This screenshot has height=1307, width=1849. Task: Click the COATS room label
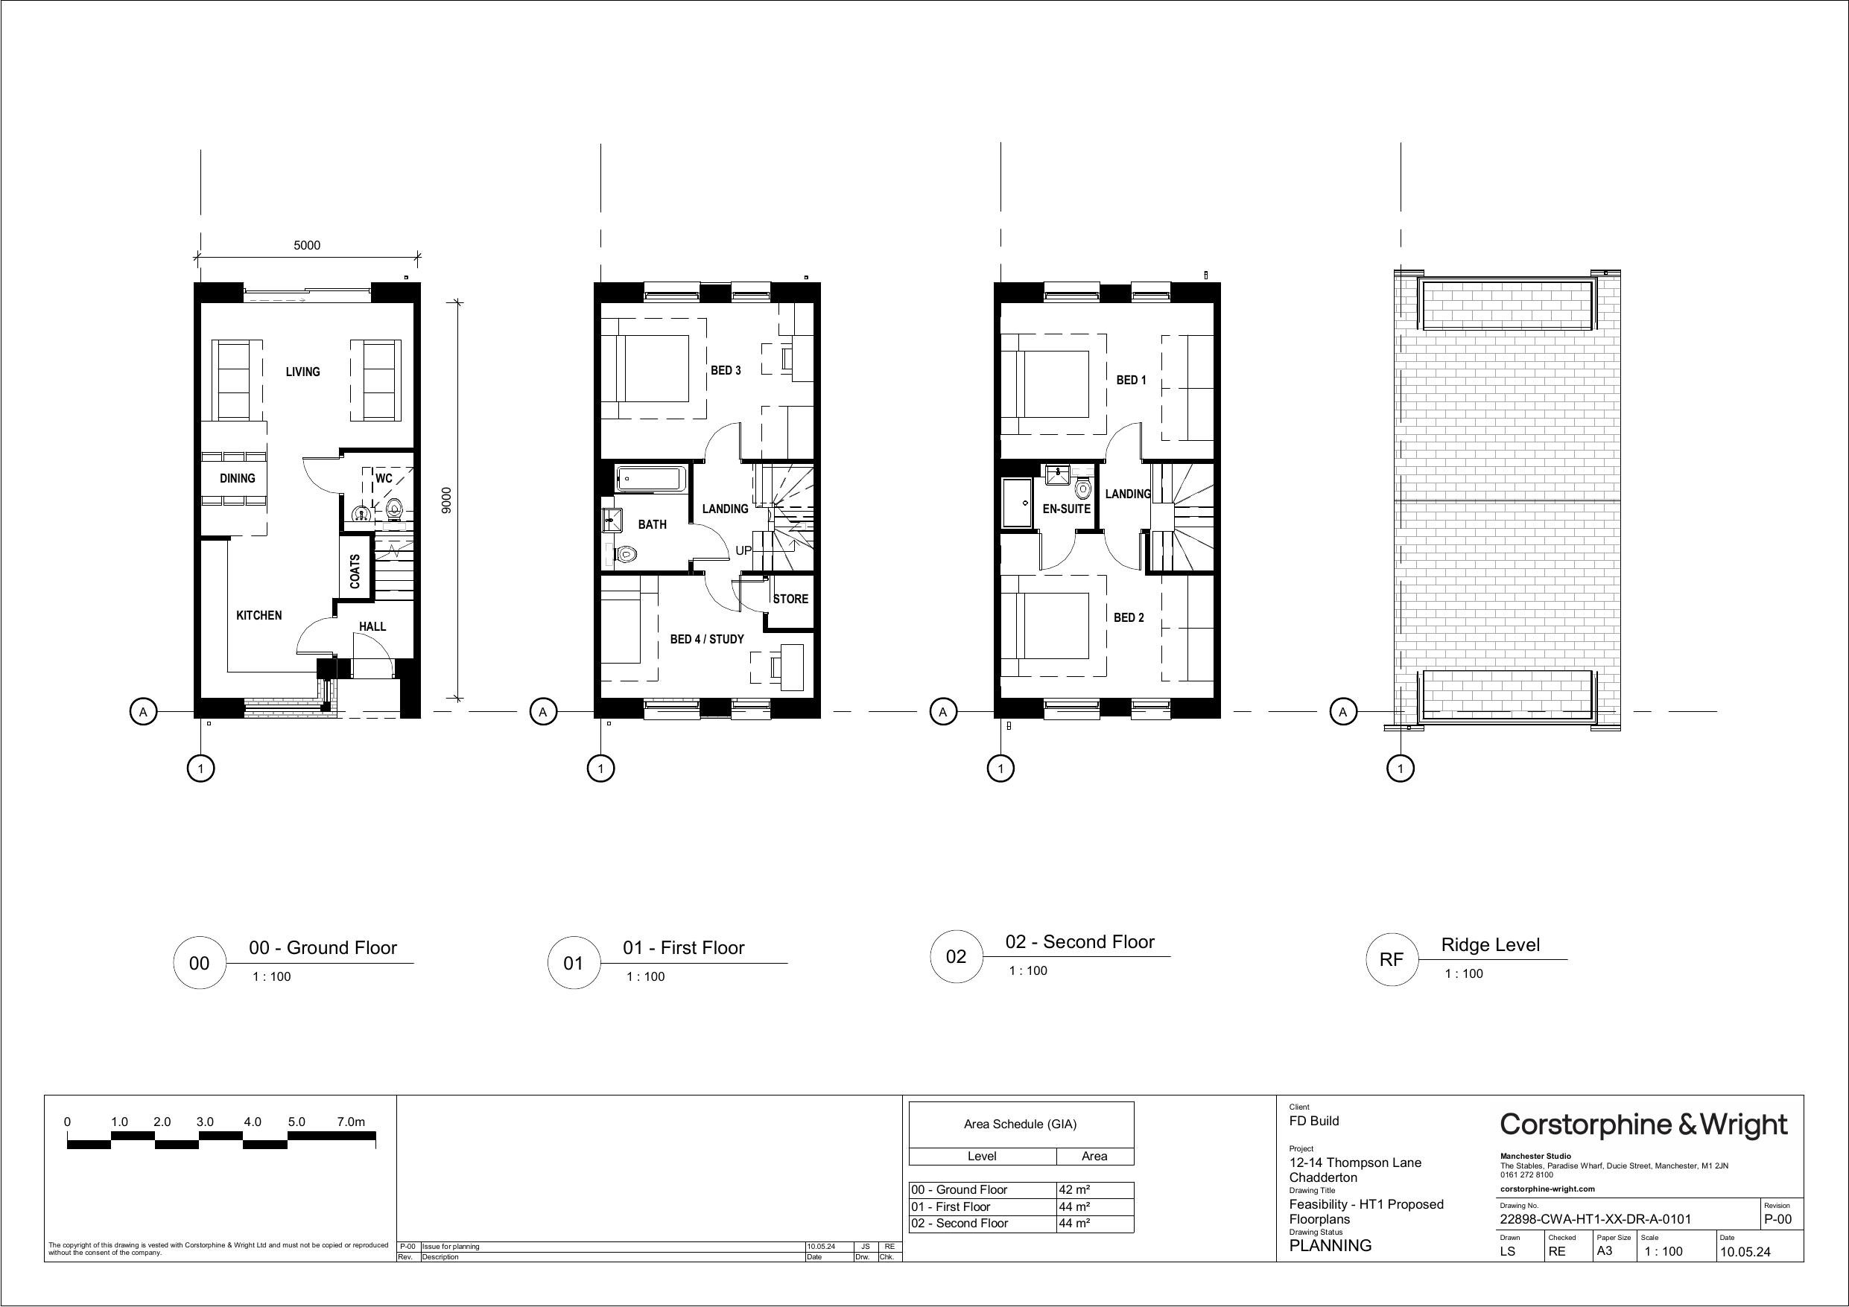point(355,571)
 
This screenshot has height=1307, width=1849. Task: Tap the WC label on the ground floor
point(384,478)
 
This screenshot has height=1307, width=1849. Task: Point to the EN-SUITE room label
point(1066,509)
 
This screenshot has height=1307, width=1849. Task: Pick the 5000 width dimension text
point(307,246)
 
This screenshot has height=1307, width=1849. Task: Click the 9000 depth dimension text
point(447,500)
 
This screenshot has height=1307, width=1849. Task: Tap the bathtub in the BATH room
point(650,479)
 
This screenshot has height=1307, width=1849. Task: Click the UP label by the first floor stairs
point(743,551)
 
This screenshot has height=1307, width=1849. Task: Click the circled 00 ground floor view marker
point(199,963)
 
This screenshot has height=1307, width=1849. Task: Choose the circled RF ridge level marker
point(1392,960)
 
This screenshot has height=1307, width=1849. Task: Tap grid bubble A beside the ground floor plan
point(143,712)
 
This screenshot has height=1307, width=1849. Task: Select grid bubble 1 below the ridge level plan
point(1401,769)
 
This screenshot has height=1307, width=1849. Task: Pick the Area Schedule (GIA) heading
point(1021,1125)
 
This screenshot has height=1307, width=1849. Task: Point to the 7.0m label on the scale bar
point(351,1122)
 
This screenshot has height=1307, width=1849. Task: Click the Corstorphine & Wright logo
point(1643,1125)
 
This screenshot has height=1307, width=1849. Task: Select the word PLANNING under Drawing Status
point(1331,1246)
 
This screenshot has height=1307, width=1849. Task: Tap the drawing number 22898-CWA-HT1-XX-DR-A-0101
point(1595,1219)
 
